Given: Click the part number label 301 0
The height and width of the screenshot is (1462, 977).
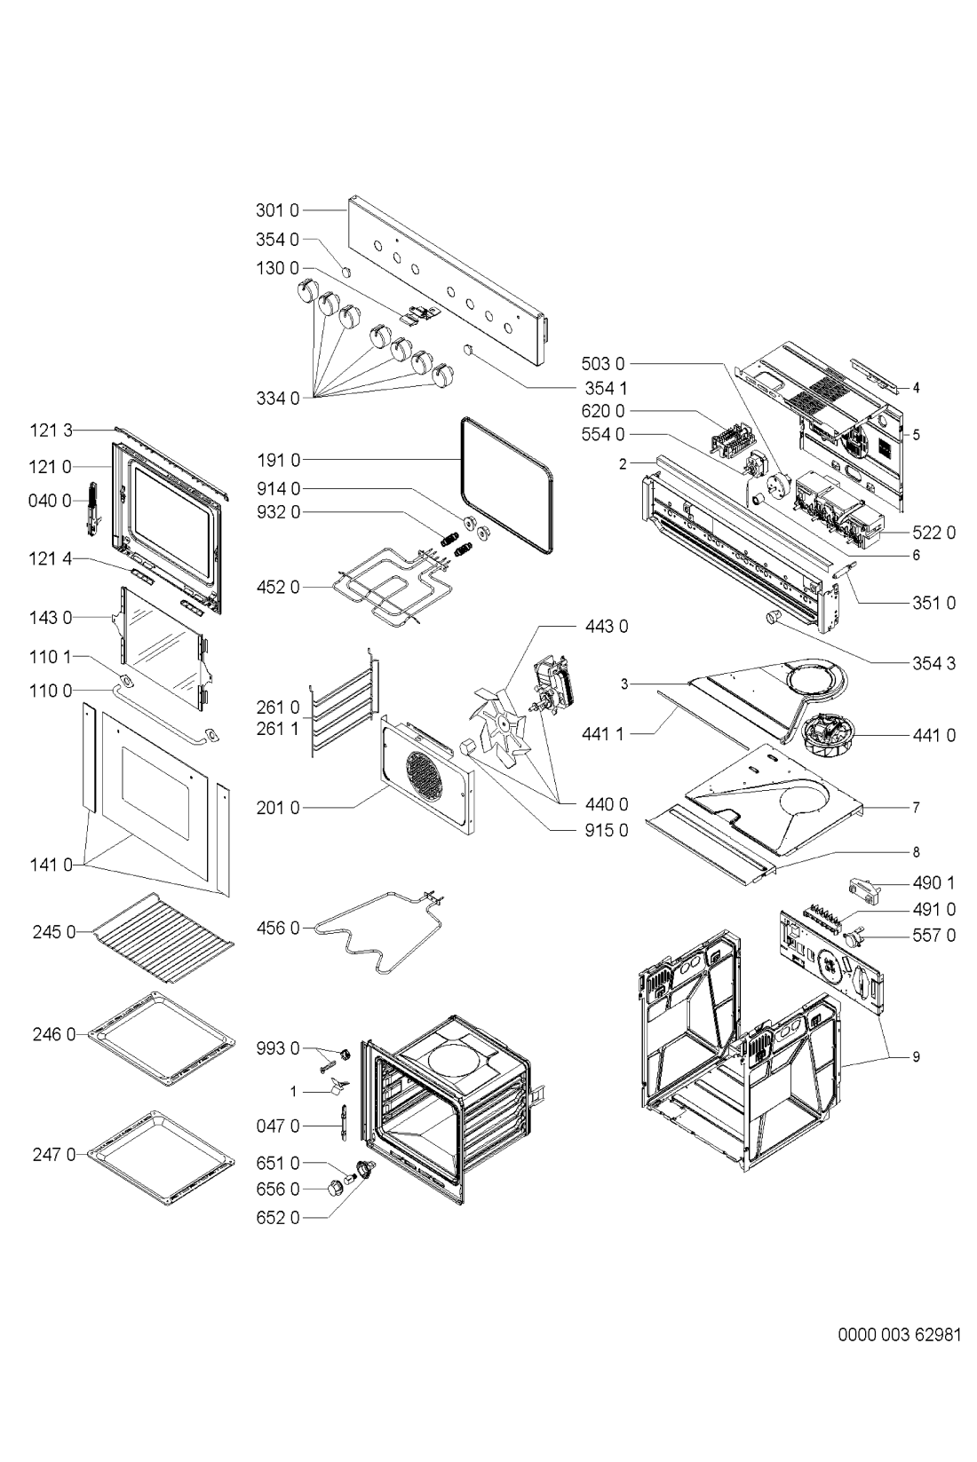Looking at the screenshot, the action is pos(277,210).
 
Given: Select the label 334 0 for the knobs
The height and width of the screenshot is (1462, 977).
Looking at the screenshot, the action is pos(277,399).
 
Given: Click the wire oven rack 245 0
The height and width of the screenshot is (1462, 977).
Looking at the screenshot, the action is pos(163,937).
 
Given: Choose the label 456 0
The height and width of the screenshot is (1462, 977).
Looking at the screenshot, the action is pos(278,928).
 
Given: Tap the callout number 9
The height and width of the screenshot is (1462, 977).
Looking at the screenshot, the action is pos(917,1056).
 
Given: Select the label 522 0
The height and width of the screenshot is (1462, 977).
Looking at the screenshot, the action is pos(933,533).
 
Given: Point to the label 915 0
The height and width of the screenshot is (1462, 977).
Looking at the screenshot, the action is pos(607,830).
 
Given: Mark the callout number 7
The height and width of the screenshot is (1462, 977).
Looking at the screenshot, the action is pos(917,808).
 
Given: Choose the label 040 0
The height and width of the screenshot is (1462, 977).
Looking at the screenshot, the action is pos(50,501).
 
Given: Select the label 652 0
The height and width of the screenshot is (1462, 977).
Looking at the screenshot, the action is pos(278,1217).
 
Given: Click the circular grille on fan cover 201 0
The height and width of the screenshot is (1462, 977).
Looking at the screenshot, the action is pos(425,772).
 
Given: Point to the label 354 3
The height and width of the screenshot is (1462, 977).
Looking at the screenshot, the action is pos(933,663).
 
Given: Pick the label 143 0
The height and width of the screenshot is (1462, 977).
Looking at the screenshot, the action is pos(51,617).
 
